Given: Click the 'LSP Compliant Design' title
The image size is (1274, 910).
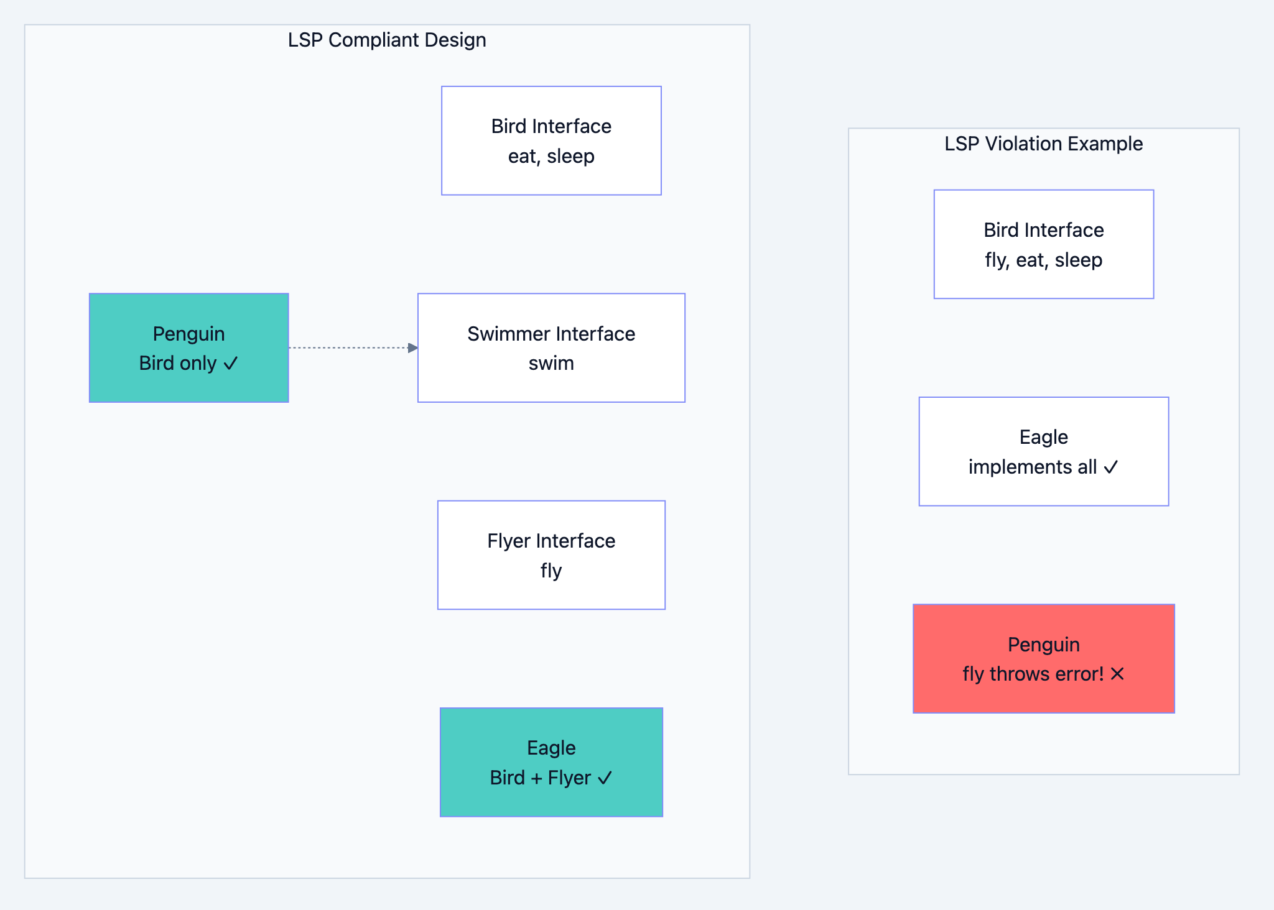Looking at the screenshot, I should [x=386, y=40].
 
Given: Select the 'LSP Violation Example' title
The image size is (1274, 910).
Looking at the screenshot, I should [x=1043, y=144].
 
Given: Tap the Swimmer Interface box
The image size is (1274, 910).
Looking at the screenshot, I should [x=551, y=348].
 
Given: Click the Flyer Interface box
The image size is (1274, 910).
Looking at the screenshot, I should [x=551, y=555].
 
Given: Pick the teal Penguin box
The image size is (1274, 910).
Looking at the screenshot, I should [x=188, y=348].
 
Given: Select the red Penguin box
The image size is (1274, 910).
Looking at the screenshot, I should [x=1043, y=659].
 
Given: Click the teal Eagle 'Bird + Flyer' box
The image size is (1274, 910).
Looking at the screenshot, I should [x=551, y=762].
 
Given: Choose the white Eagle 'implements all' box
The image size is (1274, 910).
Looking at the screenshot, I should [x=1043, y=452].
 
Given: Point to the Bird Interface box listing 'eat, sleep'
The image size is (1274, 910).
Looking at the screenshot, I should [x=551, y=141].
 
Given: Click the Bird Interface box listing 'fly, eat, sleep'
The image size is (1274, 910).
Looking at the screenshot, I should [x=1043, y=244].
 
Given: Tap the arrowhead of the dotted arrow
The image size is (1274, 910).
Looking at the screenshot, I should [x=412, y=348].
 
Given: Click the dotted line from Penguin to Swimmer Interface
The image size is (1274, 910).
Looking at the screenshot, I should [x=348, y=348].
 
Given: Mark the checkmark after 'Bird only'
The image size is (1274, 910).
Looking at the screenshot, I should [x=231, y=364].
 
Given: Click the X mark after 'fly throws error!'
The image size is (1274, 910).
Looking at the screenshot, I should [x=1117, y=674].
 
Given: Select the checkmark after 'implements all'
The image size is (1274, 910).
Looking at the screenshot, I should [x=1111, y=467].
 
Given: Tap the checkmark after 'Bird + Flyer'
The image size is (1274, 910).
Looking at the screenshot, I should [x=605, y=778].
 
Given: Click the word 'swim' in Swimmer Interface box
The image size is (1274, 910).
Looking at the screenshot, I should [x=551, y=364].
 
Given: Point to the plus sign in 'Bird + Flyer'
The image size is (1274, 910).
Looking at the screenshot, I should [x=536, y=778].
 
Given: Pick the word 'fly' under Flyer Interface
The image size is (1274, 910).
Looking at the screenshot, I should [x=551, y=571].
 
